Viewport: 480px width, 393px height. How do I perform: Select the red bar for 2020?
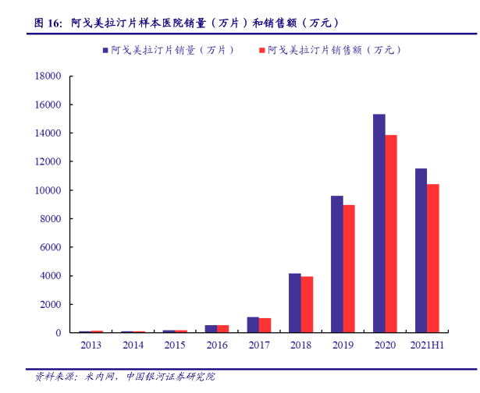click(391, 234)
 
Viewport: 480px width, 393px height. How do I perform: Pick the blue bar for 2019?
click(336, 264)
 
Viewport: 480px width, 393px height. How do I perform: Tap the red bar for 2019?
click(349, 269)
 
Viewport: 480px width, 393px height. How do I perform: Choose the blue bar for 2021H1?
click(421, 250)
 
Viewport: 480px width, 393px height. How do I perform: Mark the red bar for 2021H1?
click(433, 258)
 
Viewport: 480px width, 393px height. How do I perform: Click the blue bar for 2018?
click(294, 303)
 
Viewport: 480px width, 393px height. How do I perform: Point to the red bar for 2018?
click(307, 305)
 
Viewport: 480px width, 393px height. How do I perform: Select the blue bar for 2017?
click(253, 325)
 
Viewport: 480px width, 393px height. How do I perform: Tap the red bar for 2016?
click(223, 329)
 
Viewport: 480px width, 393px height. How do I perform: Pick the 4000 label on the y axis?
click(52, 276)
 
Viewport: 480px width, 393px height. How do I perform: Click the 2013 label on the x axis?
click(91, 345)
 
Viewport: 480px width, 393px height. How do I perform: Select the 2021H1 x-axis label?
click(426, 345)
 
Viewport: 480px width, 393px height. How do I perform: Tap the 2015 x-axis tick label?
click(175, 345)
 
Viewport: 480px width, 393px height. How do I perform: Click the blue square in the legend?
click(105, 50)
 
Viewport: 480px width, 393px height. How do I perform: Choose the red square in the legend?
click(261, 50)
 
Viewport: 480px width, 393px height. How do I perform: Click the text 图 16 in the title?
click(47, 23)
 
